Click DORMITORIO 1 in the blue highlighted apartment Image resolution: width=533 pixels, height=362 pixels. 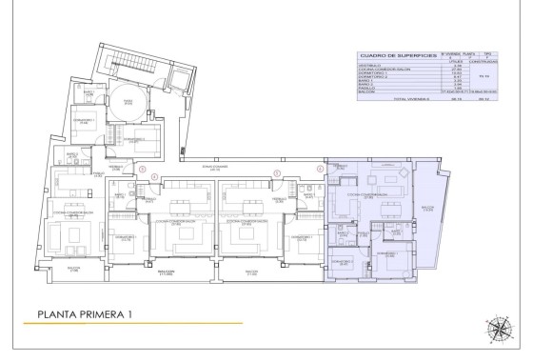pos(385,255)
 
